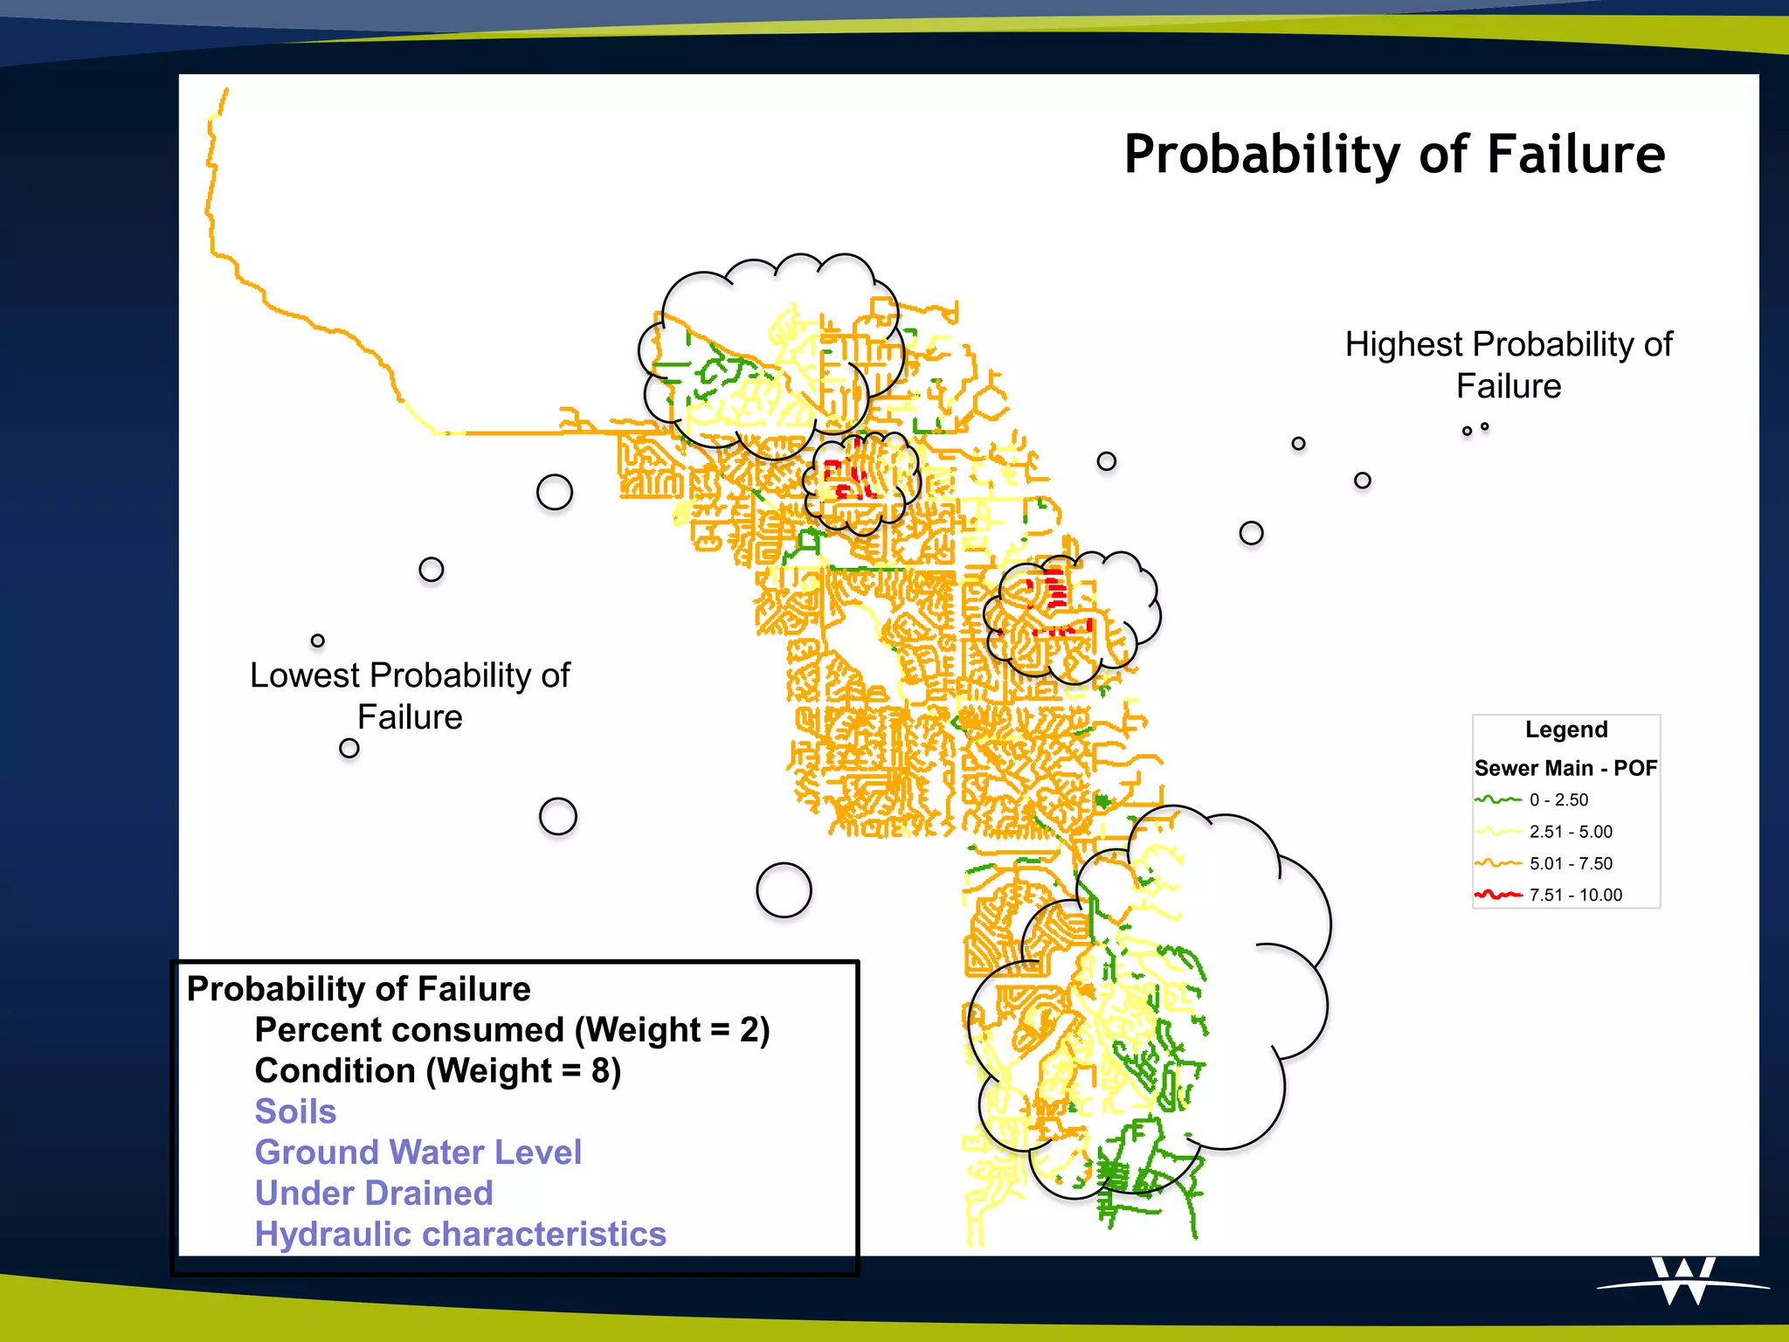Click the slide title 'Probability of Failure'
tap(1394, 155)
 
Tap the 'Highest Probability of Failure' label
tap(1508, 365)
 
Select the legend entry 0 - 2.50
tap(1558, 799)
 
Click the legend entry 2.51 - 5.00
tap(1570, 832)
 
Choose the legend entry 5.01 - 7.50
tap(1570, 863)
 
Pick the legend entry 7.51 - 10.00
tap(1575, 895)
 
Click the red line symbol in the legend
tap(1498, 895)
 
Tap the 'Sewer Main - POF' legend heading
tap(1565, 768)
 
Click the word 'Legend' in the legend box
tap(1566, 730)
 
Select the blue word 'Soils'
tap(295, 1111)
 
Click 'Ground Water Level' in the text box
tap(418, 1152)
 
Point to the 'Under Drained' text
tap(374, 1193)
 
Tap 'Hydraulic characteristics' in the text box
tap(460, 1235)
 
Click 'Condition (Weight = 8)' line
tap(438, 1070)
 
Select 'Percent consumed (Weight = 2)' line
tap(512, 1030)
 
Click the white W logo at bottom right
tap(1683, 1282)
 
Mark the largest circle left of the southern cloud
tap(784, 890)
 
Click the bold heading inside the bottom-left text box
tap(358, 989)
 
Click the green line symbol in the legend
tap(1498, 799)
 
